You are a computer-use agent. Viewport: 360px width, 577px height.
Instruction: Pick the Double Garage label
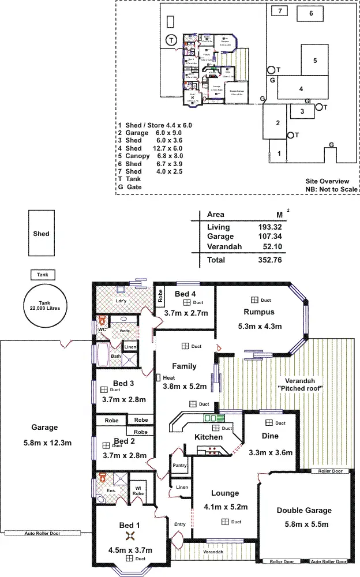[x=303, y=510]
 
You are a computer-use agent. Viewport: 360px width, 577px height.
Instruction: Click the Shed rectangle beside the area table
[x=41, y=234]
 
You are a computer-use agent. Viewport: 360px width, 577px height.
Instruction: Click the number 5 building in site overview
[x=315, y=60]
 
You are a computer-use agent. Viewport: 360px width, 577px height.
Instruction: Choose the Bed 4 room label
[x=185, y=294]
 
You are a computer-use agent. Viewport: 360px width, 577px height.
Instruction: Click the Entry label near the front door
[x=180, y=524]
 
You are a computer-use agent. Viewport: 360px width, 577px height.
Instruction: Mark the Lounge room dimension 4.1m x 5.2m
[x=225, y=508]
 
